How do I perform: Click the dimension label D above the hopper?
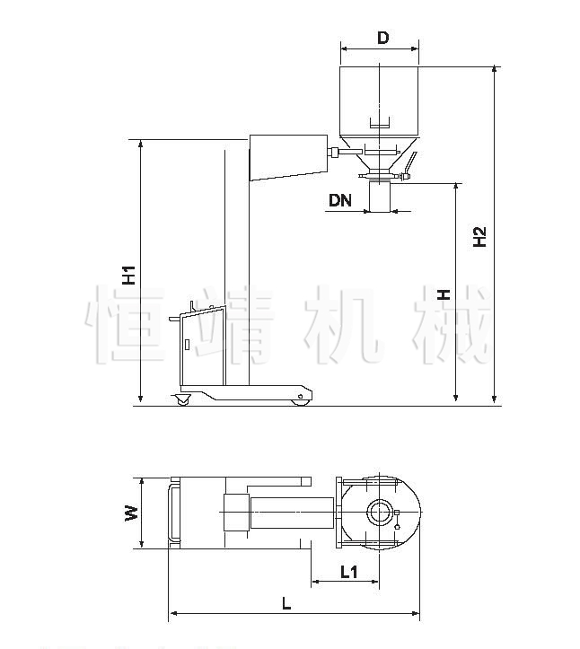tap(383, 38)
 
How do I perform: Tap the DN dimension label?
tap(340, 200)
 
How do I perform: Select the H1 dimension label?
tap(129, 276)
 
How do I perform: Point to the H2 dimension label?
tap(479, 237)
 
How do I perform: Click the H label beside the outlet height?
tap(444, 294)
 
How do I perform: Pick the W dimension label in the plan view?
tap(131, 513)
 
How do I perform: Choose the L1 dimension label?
tap(348, 572)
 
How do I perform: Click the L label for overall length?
tap(286, 603)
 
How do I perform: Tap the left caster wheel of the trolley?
tap(182, 399)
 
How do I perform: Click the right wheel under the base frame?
tap(300, 401)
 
